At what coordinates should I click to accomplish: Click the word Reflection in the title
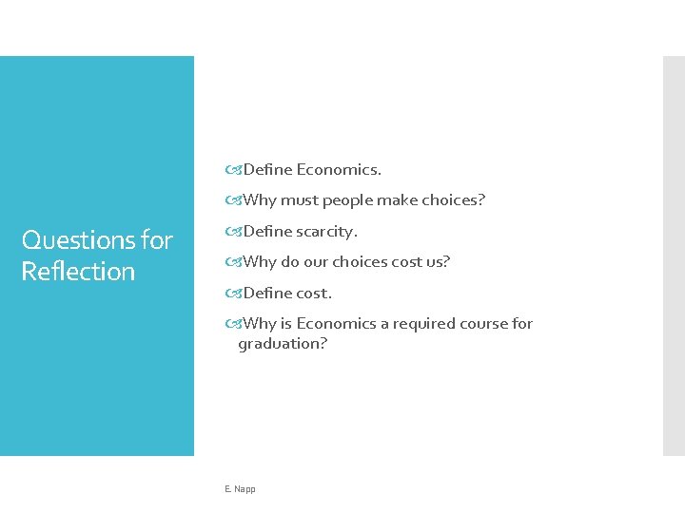[x=78, y=272]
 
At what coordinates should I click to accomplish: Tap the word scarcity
[x=326, y=232]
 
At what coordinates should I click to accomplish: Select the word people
[x=347, y=200]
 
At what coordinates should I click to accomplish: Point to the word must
[x=300, y=200]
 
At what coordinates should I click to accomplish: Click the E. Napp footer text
[x=240, y=489]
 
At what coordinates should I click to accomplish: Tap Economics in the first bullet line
[x=338, y=170]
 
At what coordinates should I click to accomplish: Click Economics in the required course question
[x=336, y=324]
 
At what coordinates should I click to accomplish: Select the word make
[x=397, y=200]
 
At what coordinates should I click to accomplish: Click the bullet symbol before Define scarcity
[x=233, y=232]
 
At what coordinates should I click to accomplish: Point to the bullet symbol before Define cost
[x=233, y=294]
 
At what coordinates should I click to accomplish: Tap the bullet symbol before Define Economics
[x=233, y=170]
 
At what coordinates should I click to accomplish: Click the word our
[x=315, y=262]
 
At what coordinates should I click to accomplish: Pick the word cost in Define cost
[x=312, y=294]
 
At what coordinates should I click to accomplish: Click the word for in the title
[x=157, y=240]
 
